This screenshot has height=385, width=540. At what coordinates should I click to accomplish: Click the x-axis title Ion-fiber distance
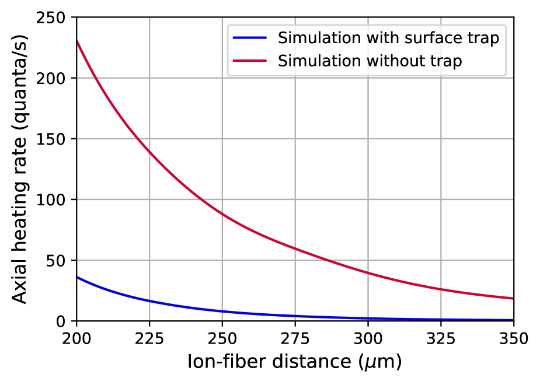(295, 363)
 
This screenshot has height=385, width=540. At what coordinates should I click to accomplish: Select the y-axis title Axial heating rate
(20, 169)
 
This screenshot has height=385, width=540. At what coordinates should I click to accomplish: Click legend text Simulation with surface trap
(388, 39)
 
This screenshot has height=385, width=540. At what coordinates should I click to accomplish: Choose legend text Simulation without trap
(370, 60)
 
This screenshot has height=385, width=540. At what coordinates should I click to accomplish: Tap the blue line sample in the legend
(250, 39)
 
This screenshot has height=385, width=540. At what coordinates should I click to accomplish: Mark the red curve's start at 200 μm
(77, 40)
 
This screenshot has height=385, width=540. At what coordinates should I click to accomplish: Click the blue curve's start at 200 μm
(77, 276)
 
